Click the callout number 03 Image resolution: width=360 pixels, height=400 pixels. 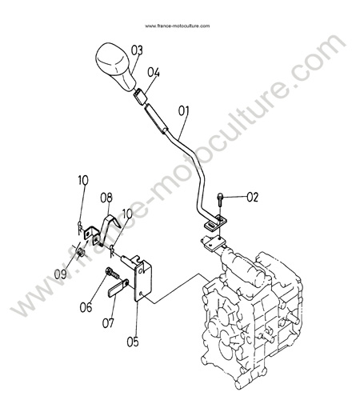[137, 50]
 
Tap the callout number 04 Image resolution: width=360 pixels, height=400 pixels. [154, 73]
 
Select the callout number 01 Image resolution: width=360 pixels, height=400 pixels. [183, 111]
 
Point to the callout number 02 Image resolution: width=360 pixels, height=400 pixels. [252, 198]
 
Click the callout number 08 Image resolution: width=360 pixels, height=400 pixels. [106, 198]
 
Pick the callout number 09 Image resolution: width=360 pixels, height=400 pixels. [60, 274]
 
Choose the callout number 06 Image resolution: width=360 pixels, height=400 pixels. [86, 307]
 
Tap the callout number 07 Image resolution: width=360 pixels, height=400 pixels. [108, 323]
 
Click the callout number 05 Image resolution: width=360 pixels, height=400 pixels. [133, 342]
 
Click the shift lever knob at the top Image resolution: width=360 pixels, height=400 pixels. [114, 66]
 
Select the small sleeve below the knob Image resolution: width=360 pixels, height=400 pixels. [141, 97]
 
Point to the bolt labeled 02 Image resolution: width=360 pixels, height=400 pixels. [220, 199]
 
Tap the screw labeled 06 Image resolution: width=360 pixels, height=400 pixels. [112, 273]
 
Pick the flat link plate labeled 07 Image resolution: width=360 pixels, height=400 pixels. [118, 287]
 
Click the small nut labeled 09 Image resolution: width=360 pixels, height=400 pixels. [80, 252]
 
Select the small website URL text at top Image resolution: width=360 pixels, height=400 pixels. [178, 26]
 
